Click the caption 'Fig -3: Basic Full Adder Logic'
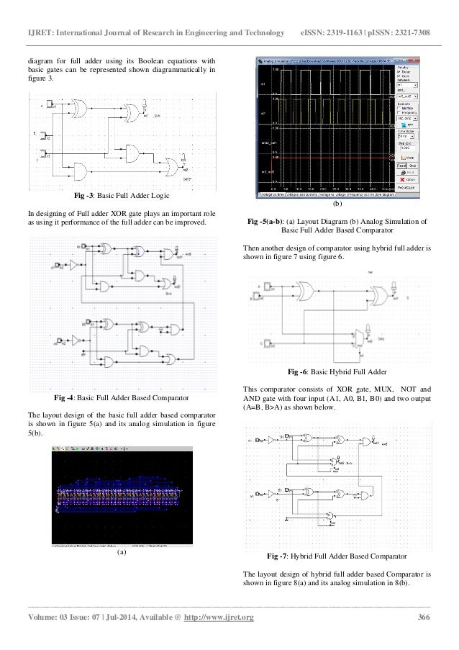pos(122,196)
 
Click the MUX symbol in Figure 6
pos(360,336)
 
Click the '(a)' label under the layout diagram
pos(122,552)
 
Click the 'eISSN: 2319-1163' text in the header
pos(332,14)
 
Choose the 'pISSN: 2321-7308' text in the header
pos(406,14)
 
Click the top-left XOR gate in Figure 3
pos(78,109)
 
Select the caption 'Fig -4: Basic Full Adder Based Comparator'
pos(122,397)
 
